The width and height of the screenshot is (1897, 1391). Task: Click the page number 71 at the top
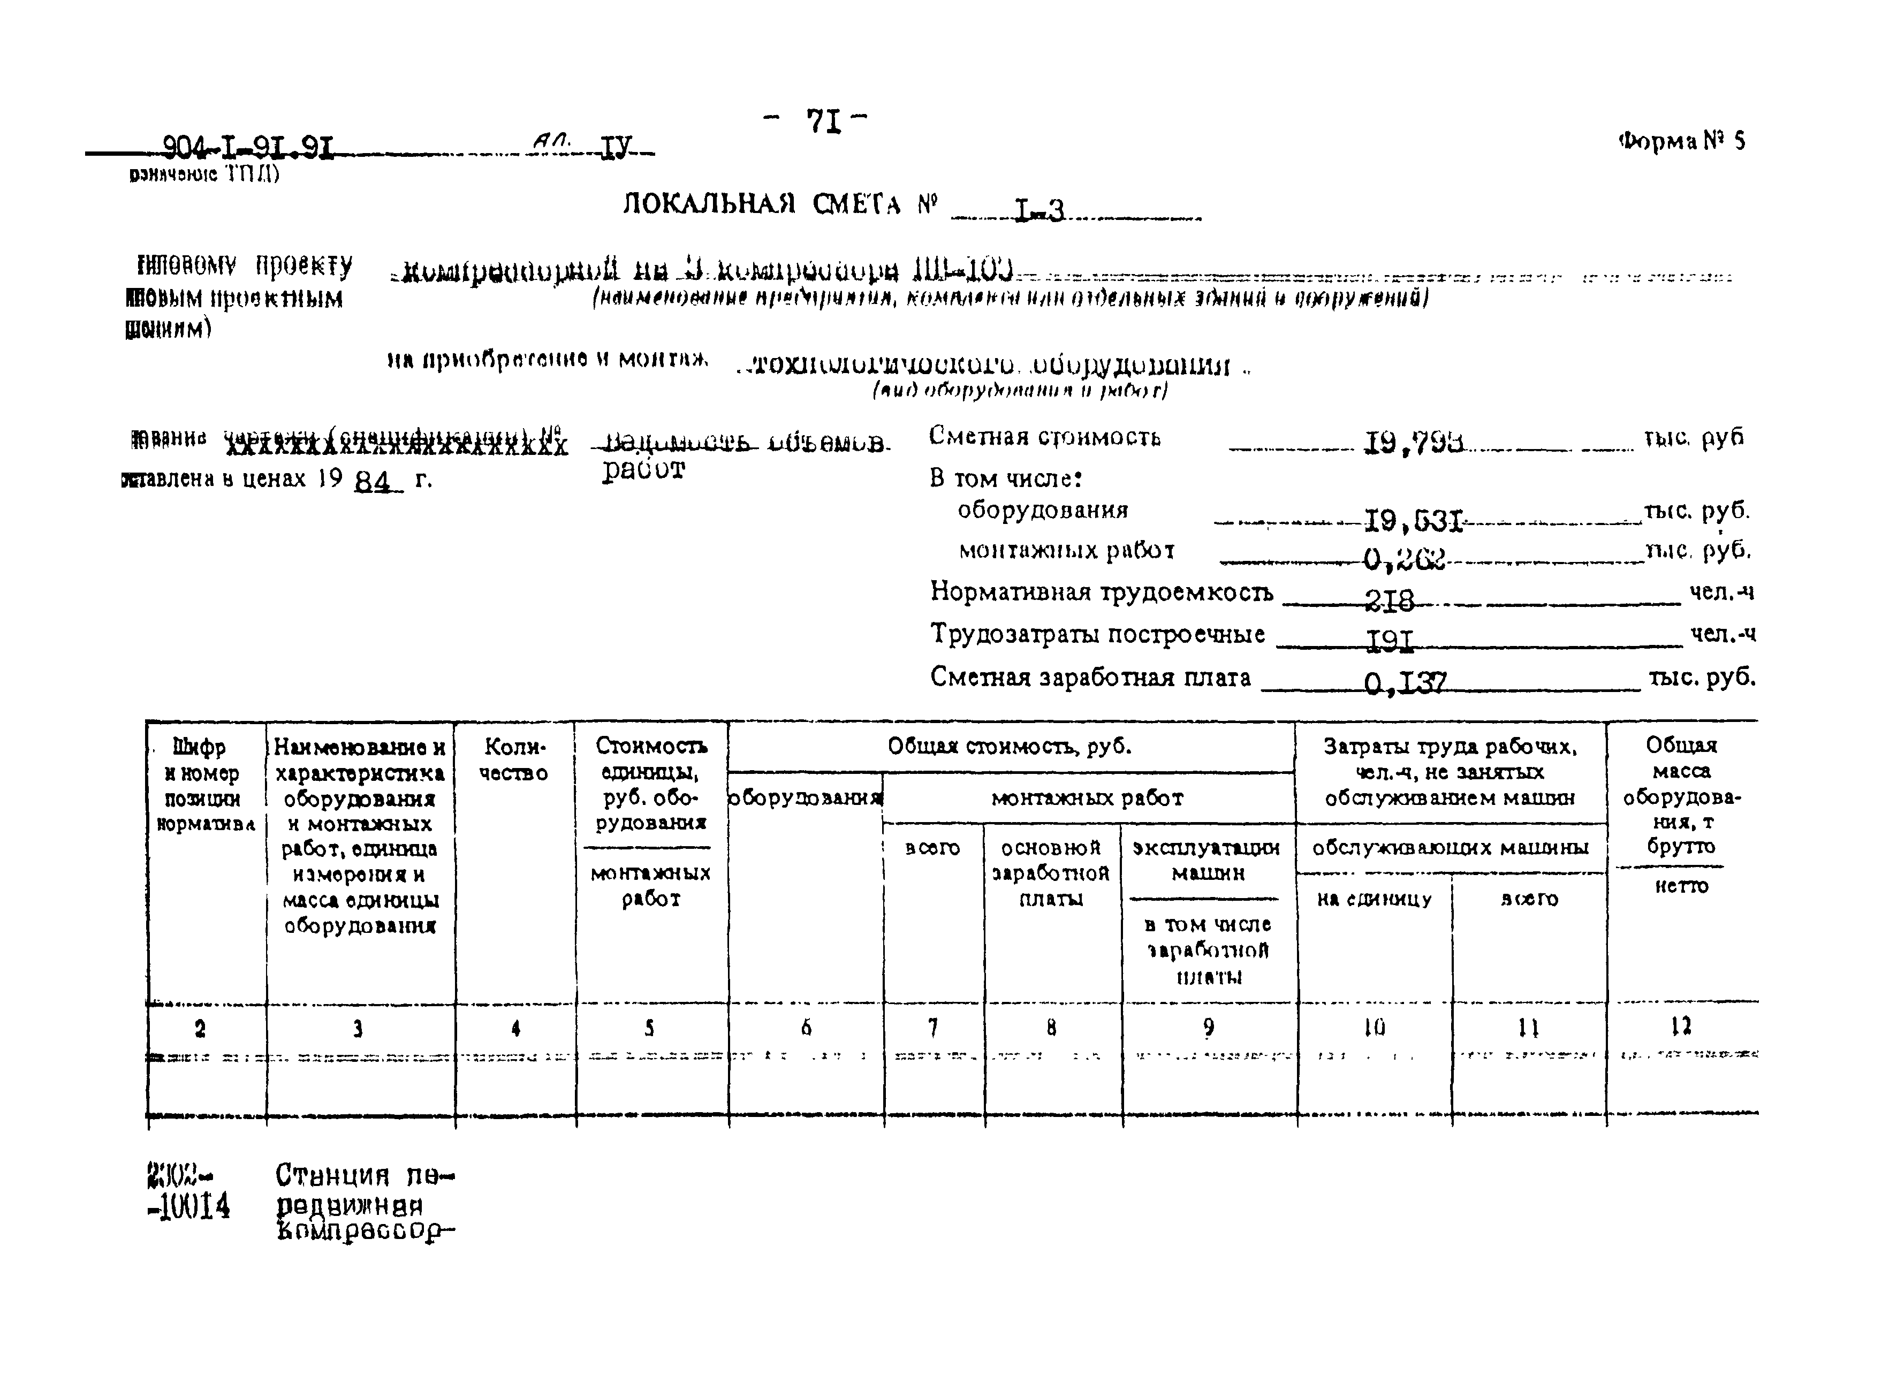(x=823, y=122)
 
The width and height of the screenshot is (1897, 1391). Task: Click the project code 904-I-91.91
(x=247, y=149)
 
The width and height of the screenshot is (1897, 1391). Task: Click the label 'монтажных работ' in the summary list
(x=1066, y=551)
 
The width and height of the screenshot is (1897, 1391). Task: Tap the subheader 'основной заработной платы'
(x=1051, y=872)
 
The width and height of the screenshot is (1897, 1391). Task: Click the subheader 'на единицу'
(x=1374, y=899)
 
